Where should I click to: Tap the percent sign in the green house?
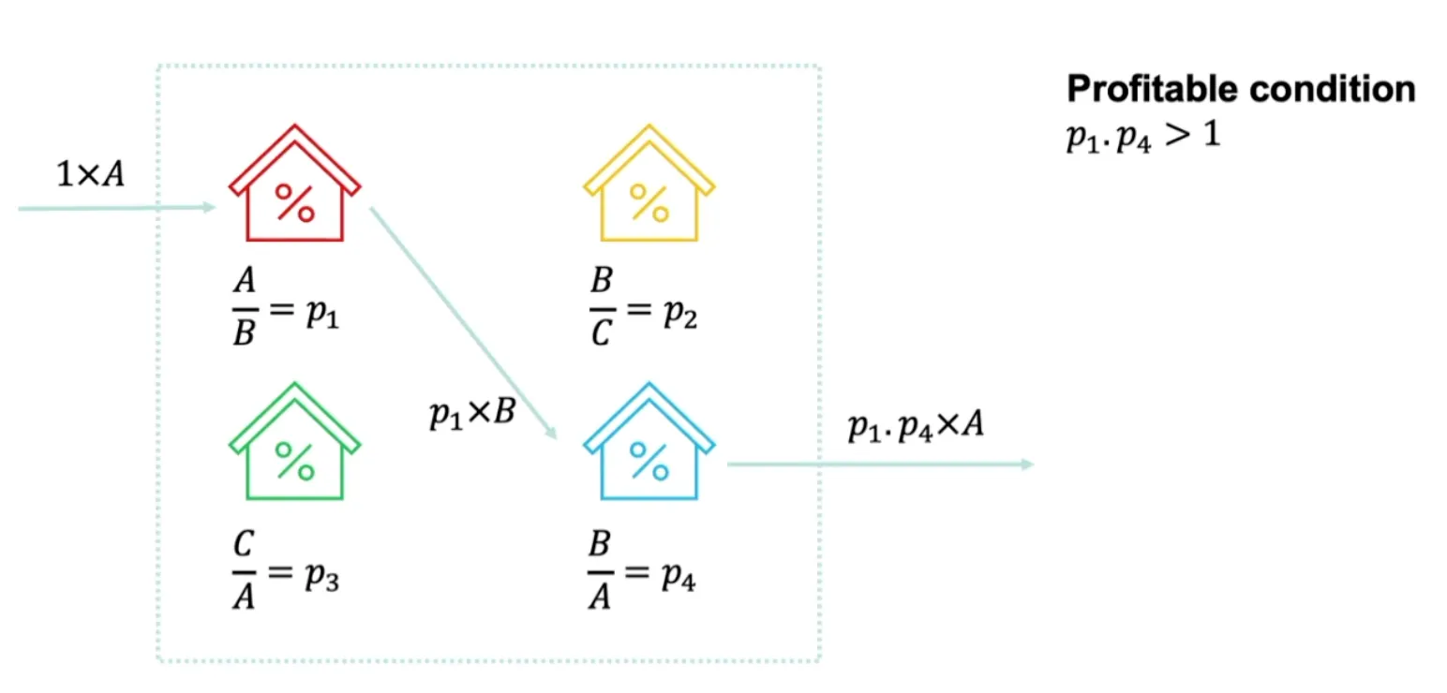coord(294,461)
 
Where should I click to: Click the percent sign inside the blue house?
coord(649,461)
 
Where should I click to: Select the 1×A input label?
coord(91,175)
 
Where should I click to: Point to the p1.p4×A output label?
coord(915,427)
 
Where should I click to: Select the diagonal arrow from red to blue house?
coord(463,322)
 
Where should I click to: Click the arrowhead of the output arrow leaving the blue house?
coord(1027,464)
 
